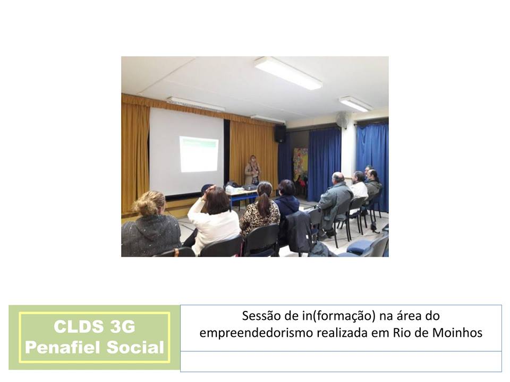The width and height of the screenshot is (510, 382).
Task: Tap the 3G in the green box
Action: (x=122, y=326)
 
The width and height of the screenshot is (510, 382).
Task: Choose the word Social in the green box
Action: (x=135, y=347)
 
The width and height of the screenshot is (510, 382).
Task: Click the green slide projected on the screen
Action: (x=199, y=154)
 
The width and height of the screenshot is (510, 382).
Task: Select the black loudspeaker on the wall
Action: (x=280, y=134)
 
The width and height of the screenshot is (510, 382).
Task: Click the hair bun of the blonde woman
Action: (x=144, y=206)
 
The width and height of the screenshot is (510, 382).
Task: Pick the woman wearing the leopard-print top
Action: (x=260, y=210)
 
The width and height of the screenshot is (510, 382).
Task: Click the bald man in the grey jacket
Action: (x=335, y=200)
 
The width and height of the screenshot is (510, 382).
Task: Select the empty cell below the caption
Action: (x=341, y=361)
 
